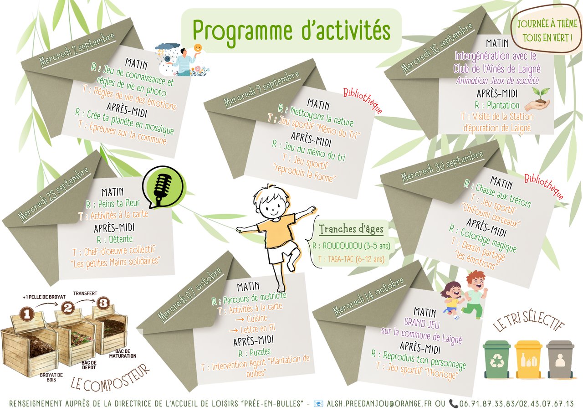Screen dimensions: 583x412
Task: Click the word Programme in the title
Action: point(242,32)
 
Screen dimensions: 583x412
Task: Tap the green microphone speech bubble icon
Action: point(164,187)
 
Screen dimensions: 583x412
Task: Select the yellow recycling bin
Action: point(529,360)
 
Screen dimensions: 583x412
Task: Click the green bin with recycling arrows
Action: point(496,360)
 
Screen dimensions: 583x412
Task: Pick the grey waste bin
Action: point(560,360)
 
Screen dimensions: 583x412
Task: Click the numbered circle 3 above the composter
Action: point(103,303)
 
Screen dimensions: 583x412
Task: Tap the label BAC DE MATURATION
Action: point(123,353)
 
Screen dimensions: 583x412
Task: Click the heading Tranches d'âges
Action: point(351,229)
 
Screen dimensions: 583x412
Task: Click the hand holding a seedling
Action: point(537,99)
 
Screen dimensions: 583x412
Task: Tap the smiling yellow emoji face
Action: point(198,48)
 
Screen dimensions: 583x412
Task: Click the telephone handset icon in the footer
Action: point(453,404)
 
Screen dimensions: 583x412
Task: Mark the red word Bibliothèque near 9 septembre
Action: point(363,101)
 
